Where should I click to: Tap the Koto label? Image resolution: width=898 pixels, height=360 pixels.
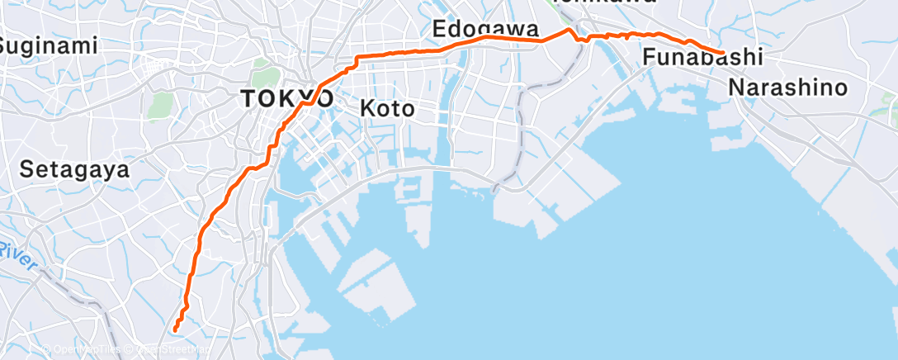(386, 108)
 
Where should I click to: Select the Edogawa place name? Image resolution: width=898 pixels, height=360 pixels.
(485, 29)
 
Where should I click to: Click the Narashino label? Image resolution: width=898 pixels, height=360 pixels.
(788, 88)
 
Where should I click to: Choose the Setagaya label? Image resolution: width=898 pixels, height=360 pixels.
(75, 170)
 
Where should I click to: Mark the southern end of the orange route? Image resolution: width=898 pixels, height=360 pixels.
(175, 330)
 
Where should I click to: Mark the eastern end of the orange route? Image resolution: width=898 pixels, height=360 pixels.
(724, 53)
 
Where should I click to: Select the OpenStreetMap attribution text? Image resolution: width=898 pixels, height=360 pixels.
(165, 349)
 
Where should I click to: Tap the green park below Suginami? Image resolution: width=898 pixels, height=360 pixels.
(160, 104)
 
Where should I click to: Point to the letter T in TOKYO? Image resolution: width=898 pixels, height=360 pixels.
(247, 98)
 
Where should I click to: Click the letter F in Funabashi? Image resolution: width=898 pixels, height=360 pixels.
(649, 59)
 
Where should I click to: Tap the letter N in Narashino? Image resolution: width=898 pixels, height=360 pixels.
(736, 88)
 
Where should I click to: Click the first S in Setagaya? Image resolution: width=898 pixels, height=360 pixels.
(25, 170)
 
